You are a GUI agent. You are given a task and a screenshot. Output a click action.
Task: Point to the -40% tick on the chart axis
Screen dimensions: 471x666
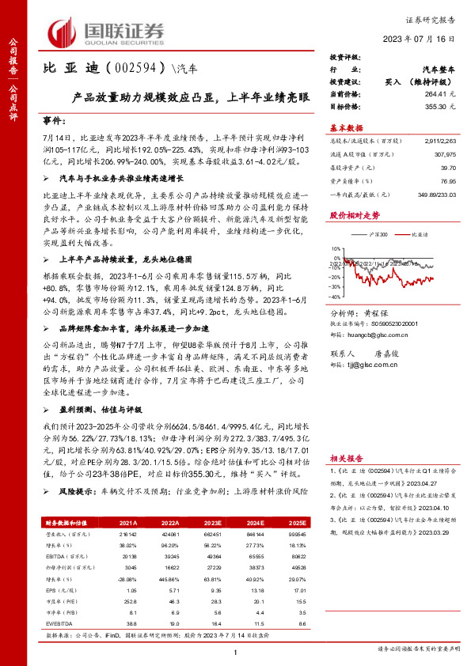pos(336,296)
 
